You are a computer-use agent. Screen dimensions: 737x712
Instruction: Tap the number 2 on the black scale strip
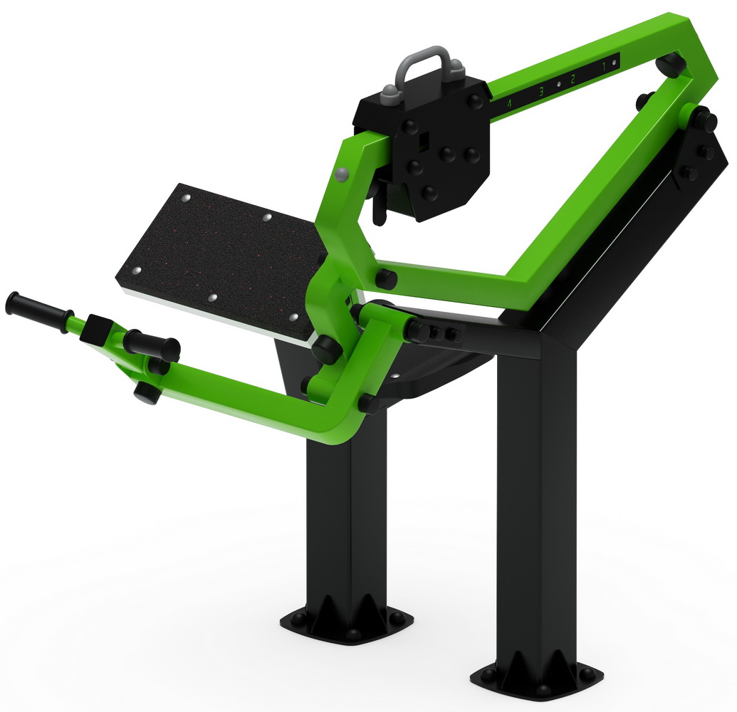(573, 79)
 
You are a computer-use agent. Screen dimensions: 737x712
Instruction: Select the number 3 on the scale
(541, 91)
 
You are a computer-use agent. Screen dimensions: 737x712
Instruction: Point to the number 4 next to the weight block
(508, 104)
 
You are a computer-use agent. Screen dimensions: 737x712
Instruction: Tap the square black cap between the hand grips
(97, 328)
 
